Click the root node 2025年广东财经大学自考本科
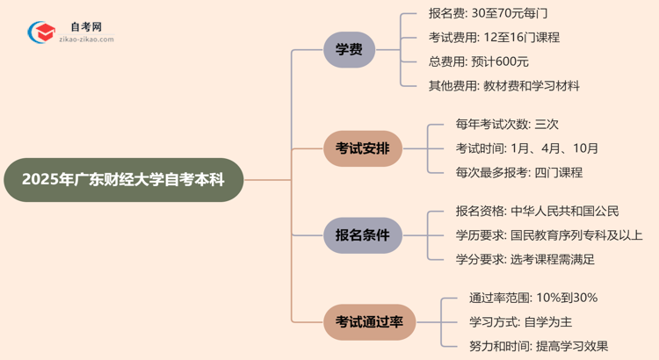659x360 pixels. [123, 180]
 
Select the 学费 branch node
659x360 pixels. [349, 50]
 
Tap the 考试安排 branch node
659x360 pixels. [363, 148]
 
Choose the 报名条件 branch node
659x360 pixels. [363, 234]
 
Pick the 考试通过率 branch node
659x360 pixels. [369, 322]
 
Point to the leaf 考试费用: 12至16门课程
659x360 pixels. [493, 38]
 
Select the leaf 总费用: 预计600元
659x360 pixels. [478, 61]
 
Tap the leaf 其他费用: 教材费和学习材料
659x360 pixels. [503, 86]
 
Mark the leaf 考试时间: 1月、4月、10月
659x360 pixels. [527, 148]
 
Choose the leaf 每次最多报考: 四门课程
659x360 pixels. [518, 172]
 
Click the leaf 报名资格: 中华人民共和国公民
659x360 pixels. [537, 211]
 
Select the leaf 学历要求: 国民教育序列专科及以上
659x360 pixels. [548, 234]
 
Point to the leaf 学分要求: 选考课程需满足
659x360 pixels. [525, 259]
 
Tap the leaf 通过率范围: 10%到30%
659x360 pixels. [533, 298]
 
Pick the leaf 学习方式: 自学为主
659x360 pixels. [521, 322]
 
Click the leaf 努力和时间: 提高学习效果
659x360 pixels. [539, 346]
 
